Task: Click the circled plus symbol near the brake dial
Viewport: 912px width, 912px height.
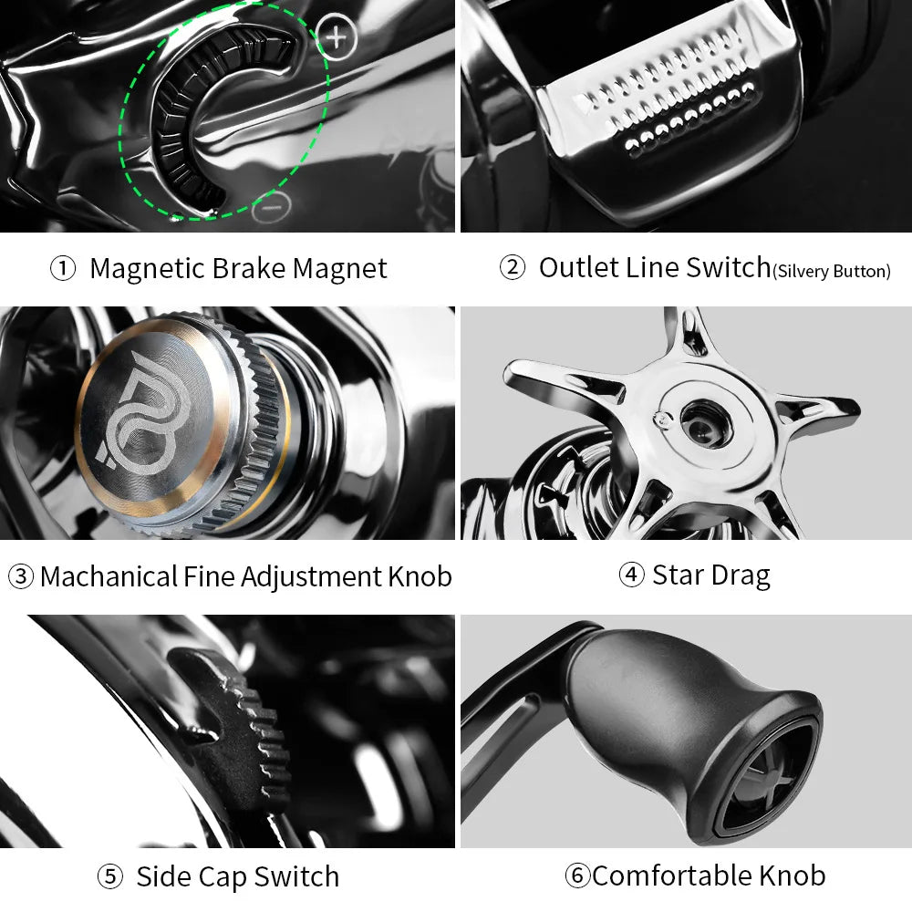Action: point(337,37)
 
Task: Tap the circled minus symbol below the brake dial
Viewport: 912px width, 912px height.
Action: point(270,208)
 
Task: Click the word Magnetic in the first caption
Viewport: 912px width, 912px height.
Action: point(148,268)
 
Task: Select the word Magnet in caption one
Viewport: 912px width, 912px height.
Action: point(340,268)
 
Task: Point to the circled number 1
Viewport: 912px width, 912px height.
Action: point(62,269)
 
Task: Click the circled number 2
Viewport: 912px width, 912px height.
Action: point(513,268)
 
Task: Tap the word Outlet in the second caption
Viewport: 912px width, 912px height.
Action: point(578,267)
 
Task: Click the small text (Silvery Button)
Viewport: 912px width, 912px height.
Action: point(832,271)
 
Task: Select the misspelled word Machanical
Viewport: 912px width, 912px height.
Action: point(109,576)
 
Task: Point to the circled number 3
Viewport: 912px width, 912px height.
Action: point(20,576)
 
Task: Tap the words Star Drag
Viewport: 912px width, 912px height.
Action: point(711,575)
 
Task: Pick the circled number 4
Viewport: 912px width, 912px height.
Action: point(631,575)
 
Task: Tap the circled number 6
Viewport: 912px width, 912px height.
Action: point(576,876)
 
